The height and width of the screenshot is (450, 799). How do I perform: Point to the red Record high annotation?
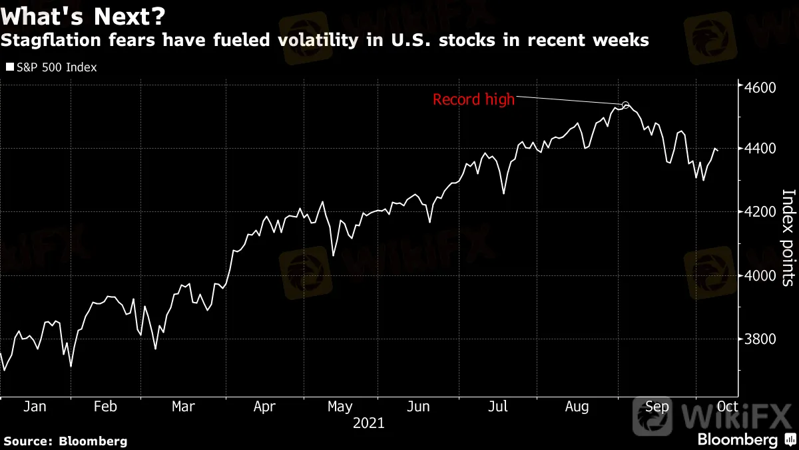click(473, 100)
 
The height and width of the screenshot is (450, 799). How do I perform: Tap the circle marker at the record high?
click(625, 105)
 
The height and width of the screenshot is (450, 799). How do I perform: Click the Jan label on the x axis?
click(34, 407)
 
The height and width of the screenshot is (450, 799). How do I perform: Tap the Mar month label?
click(183, 407)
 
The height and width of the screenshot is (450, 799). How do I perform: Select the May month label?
click(340, 407)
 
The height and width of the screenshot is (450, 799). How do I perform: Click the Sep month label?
click(657, 407)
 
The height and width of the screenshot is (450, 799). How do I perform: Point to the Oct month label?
click(727, 407)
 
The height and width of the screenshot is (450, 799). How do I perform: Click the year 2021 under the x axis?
click(368, 423)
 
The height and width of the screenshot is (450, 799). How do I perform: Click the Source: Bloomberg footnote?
click(65, 441)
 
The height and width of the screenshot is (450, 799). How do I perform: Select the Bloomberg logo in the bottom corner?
click(737, 440)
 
